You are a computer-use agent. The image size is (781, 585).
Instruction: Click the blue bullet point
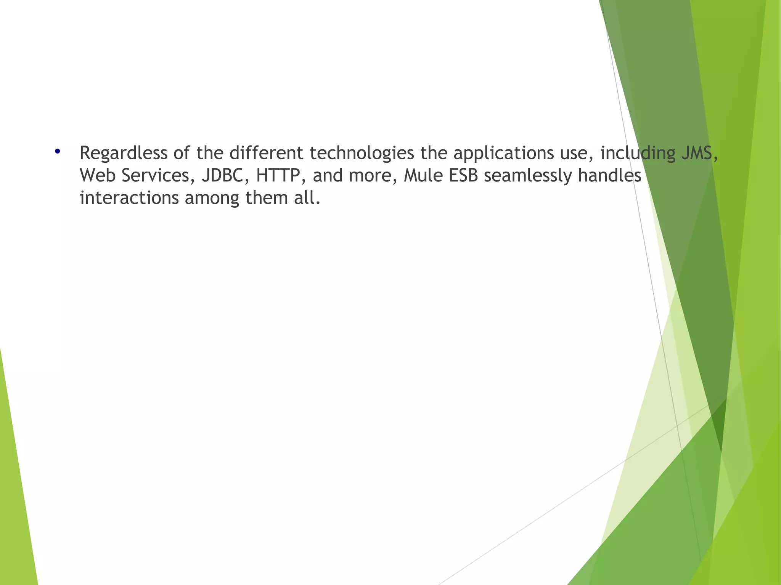click(58, 151)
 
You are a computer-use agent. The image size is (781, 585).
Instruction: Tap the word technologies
click(362, 153)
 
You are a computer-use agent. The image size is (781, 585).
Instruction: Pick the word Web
click(98, 176)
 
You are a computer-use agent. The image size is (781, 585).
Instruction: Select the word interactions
click(129, 198)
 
